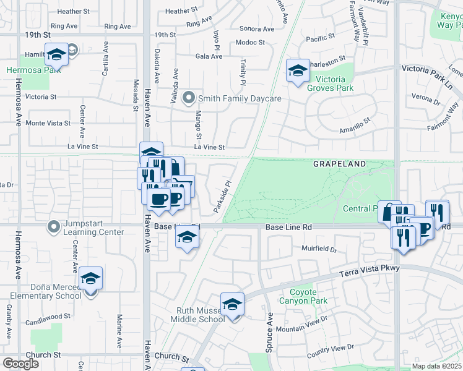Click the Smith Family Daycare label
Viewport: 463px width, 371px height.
pyautogui.click(x=240, y=99)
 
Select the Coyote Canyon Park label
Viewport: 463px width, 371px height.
pyautogui.click(x=308, y=297)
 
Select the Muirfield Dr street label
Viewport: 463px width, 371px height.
pyautogui.click(x=319, y=250)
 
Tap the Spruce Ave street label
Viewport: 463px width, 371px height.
pyautogui.click(x=270, y=331)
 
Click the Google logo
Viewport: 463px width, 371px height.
pyautogui.click(x=21, y=364)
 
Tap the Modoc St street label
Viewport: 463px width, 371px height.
pyautogui.click(x=250, y=43)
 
